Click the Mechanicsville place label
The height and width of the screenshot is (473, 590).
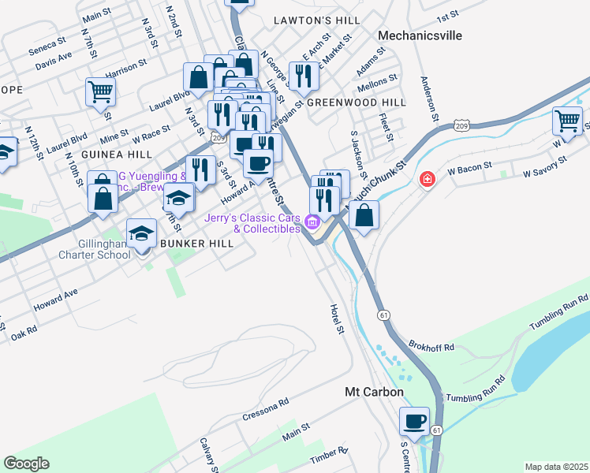419,35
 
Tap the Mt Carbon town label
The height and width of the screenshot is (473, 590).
375,392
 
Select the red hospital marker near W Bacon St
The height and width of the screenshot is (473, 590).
427,180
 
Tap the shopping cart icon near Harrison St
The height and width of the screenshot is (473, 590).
100,92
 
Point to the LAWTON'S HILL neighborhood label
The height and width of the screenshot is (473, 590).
316,20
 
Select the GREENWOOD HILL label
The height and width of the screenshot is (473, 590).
356,102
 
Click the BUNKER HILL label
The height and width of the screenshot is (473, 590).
196,244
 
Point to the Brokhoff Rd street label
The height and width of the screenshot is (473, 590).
432,346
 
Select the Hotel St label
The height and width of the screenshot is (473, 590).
338,318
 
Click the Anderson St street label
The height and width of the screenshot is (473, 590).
429,94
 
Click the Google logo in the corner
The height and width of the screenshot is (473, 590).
27,464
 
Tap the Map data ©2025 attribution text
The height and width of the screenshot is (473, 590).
555,467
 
